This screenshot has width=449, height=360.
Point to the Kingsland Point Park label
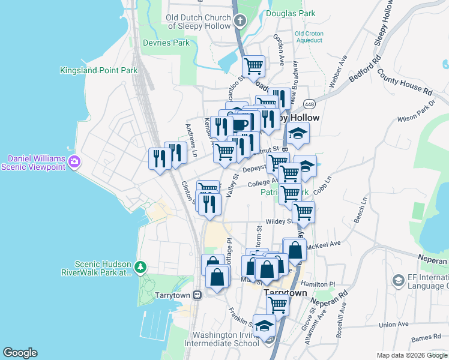click(99, 70)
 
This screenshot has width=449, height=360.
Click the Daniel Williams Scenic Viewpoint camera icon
click(74, 162)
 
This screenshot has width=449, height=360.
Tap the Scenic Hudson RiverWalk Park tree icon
click(140, 266)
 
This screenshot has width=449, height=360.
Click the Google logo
click(20, 353)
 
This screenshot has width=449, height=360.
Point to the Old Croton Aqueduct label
click(309, 37)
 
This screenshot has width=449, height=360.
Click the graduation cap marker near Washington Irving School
click(264, 326)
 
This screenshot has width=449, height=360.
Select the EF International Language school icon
click(397, 281)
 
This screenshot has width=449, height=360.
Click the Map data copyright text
click(411, 355)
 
